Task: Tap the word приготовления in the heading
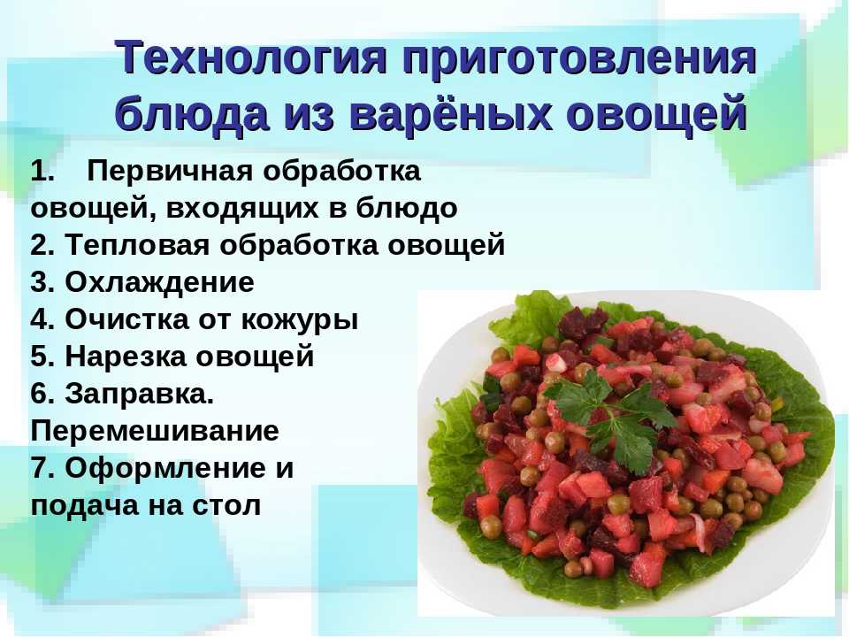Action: coord(578,59)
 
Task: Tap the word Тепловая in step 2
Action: coord(137,244)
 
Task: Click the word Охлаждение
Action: coord(160,282)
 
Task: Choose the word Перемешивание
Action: coord(155,431)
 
